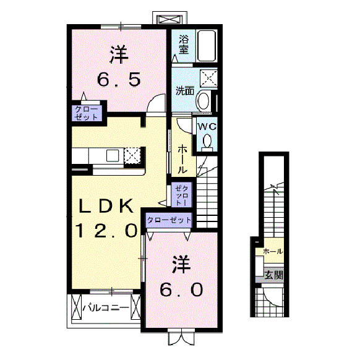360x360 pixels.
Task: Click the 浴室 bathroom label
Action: (184, 45)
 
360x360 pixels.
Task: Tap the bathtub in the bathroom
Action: (207, 46)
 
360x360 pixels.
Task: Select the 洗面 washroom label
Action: (185, 91)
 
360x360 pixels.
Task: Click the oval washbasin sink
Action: (204, 101)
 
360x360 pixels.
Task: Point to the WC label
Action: (207, 126)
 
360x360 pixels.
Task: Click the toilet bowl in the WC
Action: (207, 141)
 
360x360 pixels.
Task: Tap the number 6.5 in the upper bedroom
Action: (119, 79)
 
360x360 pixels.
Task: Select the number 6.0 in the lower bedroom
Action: (181, 289)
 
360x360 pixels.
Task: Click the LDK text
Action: (106, 206)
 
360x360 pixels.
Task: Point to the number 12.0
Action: (106, 230)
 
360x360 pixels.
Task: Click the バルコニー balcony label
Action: (106, 307)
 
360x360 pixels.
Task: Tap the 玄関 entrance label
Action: (273, 275)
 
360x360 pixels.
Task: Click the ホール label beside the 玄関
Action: (273, 251)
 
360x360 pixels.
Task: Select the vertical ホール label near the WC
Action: (182, 159)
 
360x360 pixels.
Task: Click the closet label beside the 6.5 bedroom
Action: (87, 113)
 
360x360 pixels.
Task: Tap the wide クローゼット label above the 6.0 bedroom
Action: (169, 220)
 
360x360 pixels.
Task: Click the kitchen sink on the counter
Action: (113, 155)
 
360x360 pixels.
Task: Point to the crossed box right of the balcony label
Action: (135, 307)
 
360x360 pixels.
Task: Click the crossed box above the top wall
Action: (170, 20)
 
